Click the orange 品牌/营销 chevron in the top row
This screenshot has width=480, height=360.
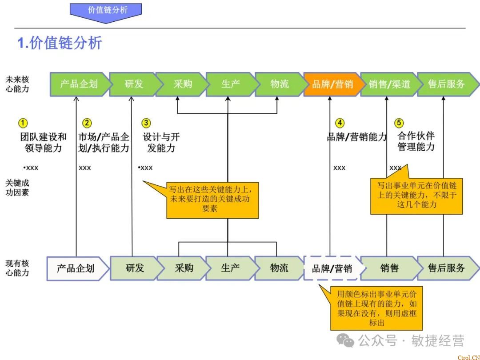(332, 84)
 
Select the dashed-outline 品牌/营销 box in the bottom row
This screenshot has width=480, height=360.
(332, 268)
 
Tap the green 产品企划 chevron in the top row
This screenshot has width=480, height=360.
(79, 84)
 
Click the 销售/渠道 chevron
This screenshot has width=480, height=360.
(388, 84)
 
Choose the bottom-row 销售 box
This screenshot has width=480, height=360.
(388, 268)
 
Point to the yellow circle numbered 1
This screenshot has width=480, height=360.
(23, 123)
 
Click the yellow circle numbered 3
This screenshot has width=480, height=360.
(146, 123)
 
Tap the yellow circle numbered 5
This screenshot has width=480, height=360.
(399, 123)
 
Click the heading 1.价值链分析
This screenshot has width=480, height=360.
(60, 43)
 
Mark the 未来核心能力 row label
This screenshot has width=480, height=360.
(17, 84)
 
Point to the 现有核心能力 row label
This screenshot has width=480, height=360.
(17, 268)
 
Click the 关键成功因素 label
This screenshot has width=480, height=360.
(17, 188)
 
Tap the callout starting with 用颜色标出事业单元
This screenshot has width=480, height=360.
(376, 308)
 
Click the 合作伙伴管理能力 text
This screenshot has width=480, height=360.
(416, 141)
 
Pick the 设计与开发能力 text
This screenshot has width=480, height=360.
(161, 142)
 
